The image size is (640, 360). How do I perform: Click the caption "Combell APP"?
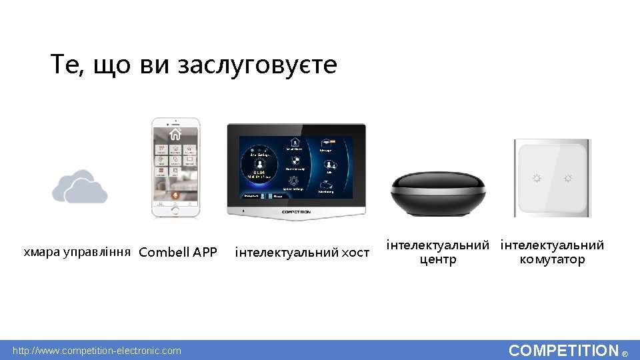point(178,252)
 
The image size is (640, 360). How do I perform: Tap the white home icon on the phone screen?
point(175,134)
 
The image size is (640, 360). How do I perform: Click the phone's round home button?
point(175,211)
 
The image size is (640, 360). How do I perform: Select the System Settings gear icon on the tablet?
point(293,181)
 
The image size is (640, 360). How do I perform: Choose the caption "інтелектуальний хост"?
point(302,252)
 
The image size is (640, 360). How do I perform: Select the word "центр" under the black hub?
point(438,259)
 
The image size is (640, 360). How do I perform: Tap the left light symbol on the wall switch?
point(535,178)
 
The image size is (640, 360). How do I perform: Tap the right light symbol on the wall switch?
point(567,178)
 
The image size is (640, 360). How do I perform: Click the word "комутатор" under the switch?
point(552,259)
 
